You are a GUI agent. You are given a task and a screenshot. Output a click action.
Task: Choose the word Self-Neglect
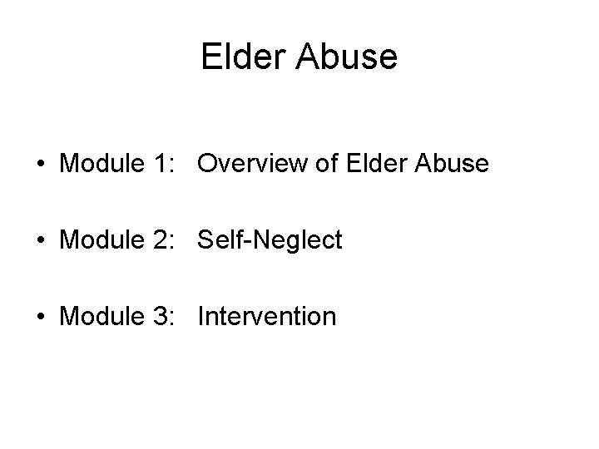coord(270,240)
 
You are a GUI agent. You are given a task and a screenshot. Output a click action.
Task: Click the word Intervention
coord(267,316)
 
